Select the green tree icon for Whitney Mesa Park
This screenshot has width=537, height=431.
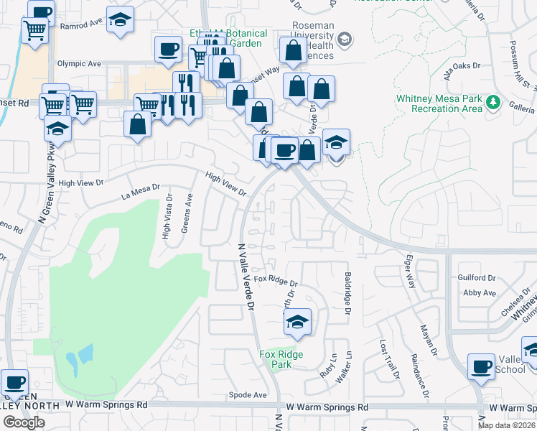(493, 102)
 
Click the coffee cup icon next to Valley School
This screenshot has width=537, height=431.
(481, 366)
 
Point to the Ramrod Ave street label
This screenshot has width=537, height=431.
(81, 24)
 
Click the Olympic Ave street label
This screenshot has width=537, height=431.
(79, 63)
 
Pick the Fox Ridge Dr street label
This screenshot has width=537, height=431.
(275, 279)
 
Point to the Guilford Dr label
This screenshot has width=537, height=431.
(477, 277)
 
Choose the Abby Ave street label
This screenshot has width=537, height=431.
(480, 293)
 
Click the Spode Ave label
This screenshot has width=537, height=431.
(247, 395)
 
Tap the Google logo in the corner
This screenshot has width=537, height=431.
(23, 422)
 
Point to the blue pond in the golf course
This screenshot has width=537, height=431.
(80, 355)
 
